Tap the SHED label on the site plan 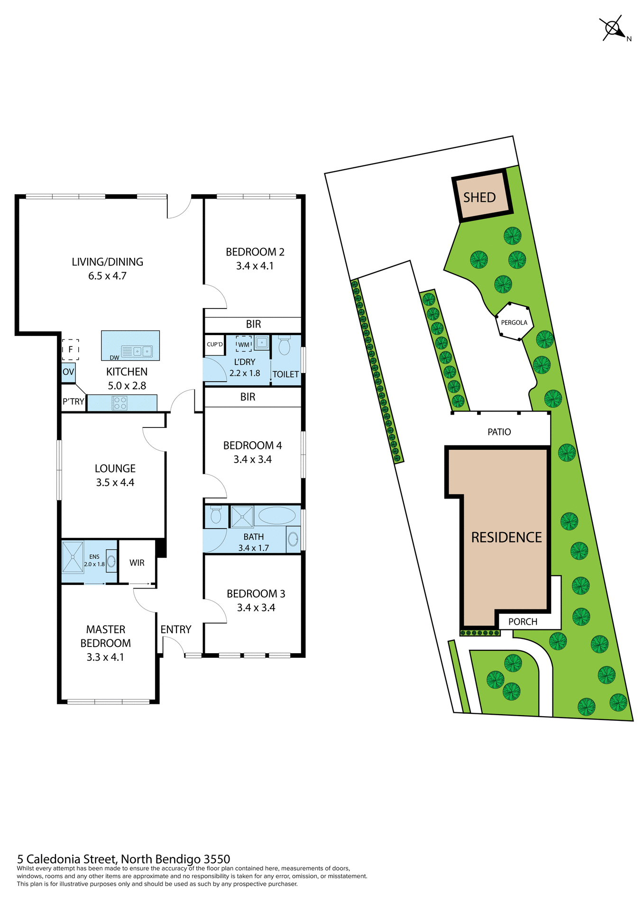tap(479, 197)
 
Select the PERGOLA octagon tap(514, 322)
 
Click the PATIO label tap(499, 432)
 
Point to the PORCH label tap(523, 621)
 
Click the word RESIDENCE tap(506, 537)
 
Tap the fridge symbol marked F tap(70, 349)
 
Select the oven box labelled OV tap(68, 372)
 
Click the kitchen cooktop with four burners tap(120, 403)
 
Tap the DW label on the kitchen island tap(114, 357)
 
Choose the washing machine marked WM tap(243, 344)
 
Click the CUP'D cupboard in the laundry tap(215, 344)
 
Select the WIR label tap(137, 563)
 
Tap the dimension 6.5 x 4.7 tap(107, 276)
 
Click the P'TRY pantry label tap(73, 402)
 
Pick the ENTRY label tap(175, 629)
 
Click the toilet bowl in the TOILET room tap(284, 346)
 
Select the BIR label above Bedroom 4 tap(248, 397)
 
